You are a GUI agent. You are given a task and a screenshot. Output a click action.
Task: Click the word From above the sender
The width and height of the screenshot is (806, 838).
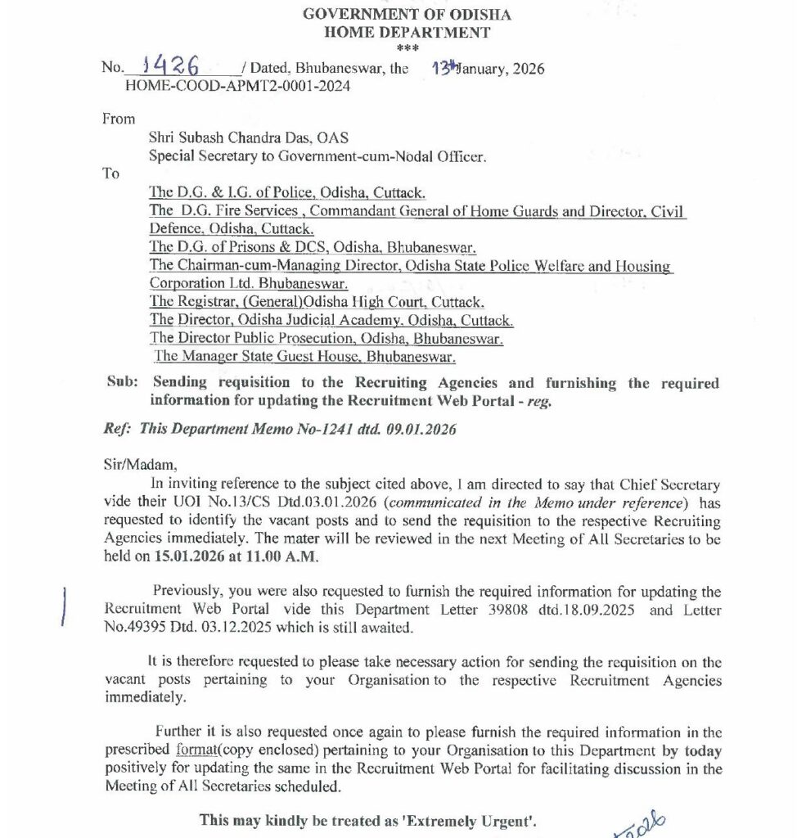coord(119,119)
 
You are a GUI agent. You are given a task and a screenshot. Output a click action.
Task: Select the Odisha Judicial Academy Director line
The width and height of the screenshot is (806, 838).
coord(331,320)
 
